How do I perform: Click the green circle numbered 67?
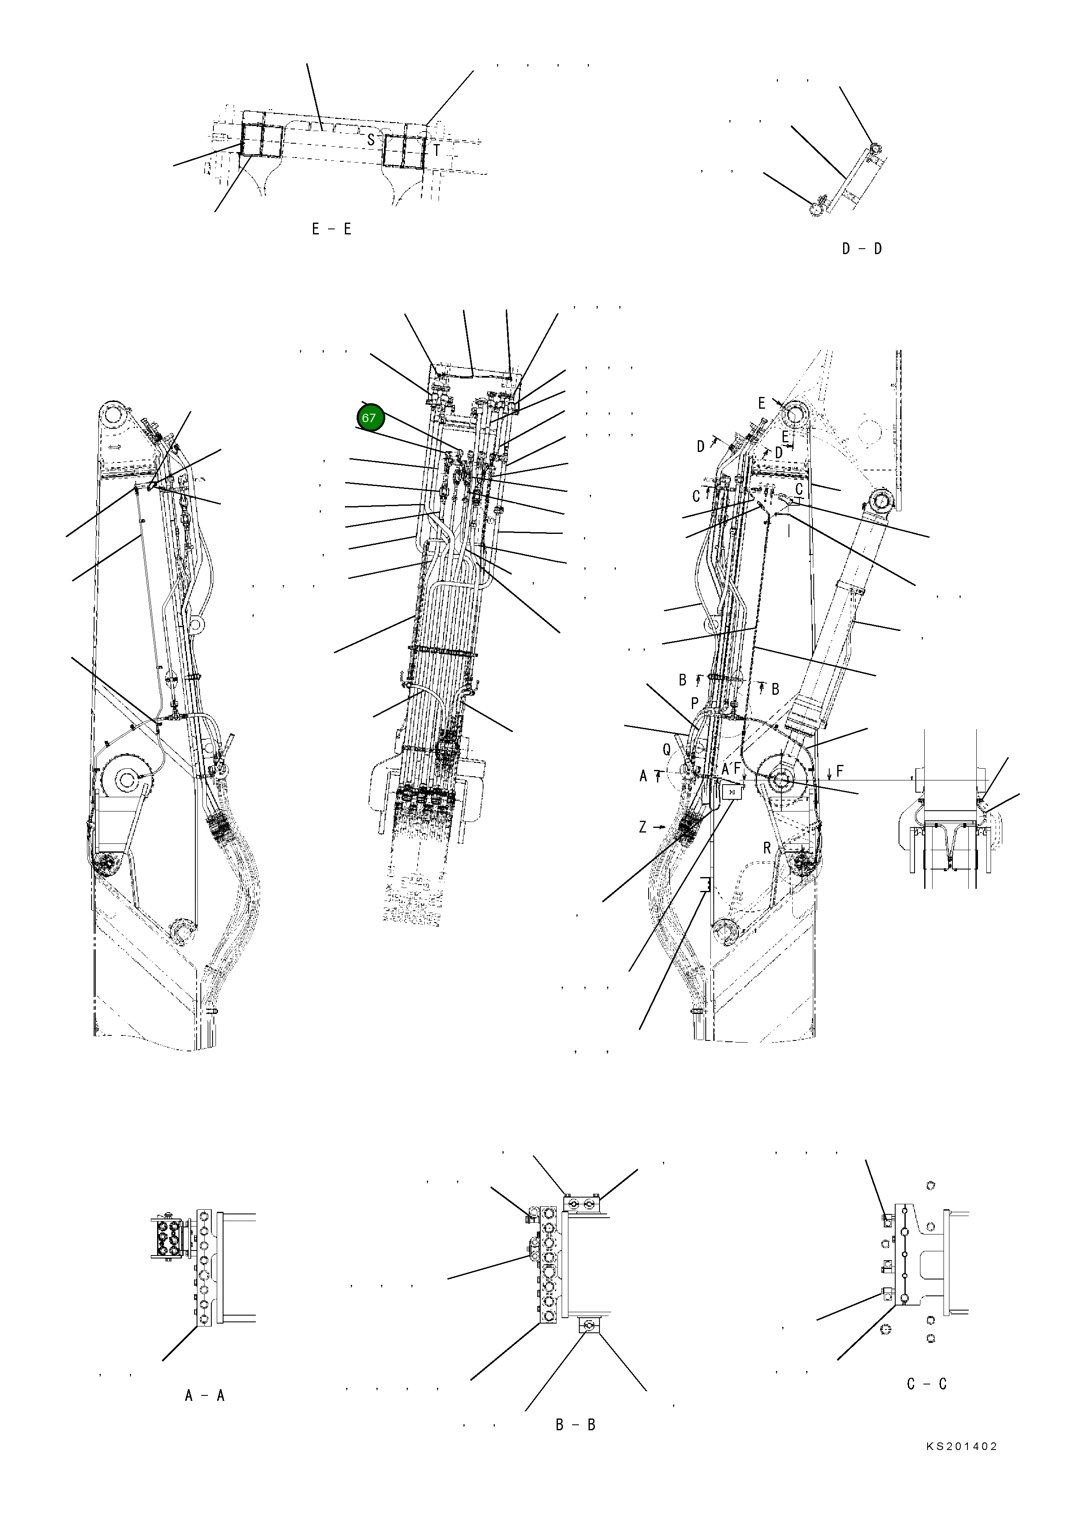click(369, 418)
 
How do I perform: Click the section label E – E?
click(331, 229)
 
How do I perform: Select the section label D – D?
click(862, 249)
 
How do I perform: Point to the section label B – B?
click(576, 1425)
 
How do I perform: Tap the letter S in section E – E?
click(371, 140)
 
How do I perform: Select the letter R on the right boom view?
click(768, 848)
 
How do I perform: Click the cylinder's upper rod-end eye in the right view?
click(883, 501)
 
